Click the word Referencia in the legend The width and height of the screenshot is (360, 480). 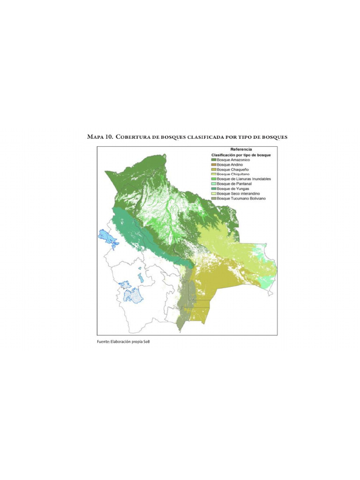[241, 149]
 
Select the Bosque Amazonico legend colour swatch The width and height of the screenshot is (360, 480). [213, 160]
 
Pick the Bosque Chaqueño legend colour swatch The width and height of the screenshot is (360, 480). [213, 169]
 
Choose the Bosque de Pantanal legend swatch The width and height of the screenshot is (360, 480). [213, 184]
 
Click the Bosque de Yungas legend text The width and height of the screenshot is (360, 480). [230, 188]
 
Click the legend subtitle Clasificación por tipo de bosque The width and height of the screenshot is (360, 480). [241, 154]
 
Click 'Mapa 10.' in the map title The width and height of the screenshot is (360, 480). [100, 137]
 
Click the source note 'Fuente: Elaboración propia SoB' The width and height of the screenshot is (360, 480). [123, 342]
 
